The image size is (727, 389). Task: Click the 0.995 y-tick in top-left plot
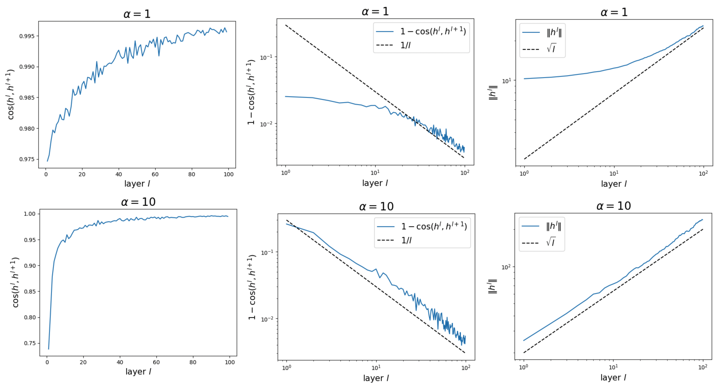(x=27, y=36)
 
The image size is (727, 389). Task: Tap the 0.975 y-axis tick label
(x=27, y=159)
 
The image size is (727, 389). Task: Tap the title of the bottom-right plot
(x=614, y=206)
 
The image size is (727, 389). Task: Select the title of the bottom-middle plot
(x=376, y=207)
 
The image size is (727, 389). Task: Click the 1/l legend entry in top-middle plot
(x=406, y=45)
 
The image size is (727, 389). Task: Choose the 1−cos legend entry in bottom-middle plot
(x=434, y=226)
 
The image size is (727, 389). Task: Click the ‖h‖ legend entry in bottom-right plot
(x=554, y=226)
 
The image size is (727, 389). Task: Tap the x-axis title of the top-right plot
(x=614, y=184)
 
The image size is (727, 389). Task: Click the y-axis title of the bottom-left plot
(x=16, y=282)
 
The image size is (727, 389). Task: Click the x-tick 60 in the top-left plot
(x=155, y=174)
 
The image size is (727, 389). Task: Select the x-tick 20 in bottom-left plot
(x=83, y=362)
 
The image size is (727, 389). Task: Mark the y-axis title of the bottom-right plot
(x=493, y=286)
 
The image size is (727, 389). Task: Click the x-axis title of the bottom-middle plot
(x=376, y=378)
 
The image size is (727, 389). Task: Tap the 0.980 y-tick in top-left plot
(x=27, y=129)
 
